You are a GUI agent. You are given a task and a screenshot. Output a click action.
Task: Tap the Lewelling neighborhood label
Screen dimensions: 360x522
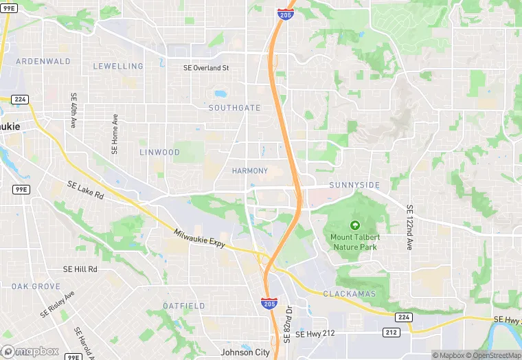tap(119, 67)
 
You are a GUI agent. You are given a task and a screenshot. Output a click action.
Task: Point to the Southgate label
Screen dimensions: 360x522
tap(235, 108)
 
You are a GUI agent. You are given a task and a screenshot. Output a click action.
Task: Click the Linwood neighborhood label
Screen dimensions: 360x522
tap(159, 152)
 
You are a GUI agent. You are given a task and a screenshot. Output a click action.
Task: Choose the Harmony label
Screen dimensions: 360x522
tap(249, 170)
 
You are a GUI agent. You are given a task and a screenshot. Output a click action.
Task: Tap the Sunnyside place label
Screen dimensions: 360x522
tap(354, 185)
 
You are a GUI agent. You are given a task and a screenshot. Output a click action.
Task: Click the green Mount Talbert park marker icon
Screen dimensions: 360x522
tap(355, 225)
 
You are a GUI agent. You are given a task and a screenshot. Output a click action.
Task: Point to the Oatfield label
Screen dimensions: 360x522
tap(184, 305)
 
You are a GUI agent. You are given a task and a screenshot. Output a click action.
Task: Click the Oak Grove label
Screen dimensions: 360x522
tap(36, 286)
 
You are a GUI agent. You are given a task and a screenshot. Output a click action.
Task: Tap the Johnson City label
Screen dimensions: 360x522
tap(245, 352)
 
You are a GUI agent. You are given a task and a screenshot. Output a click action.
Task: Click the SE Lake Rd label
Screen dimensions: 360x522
tap(85, 190)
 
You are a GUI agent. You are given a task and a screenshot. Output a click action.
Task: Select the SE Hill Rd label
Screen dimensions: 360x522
tap(80, 269)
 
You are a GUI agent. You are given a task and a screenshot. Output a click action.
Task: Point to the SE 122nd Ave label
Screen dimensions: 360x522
tap(410, 227)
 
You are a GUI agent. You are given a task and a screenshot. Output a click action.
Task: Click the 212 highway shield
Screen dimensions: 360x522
tap(391, 333)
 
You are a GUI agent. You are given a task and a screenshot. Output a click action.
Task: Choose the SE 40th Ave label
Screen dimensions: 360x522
tap(73, 110)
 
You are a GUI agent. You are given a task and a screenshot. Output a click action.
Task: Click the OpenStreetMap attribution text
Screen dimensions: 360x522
tap(492, 355)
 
